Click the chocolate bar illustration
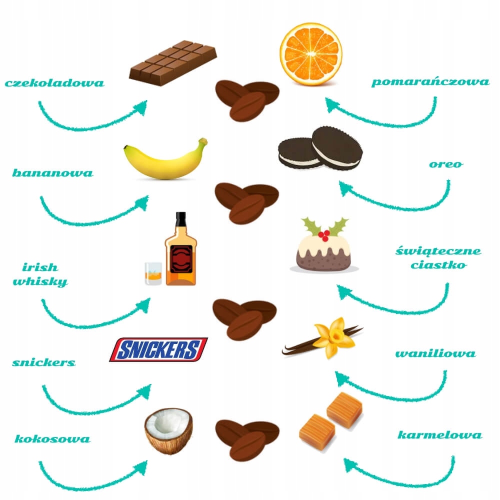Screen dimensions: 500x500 click(172, 62)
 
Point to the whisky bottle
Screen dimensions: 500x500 click(180, 252)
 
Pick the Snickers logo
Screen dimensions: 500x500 click(158, 349)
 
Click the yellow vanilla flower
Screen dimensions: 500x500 click(332, 337)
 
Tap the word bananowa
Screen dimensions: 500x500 click(52, 173)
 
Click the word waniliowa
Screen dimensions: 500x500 click(435, 354)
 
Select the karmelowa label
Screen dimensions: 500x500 click(439, 435)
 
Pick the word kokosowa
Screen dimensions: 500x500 click(52, 439)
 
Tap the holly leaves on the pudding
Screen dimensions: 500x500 click(325, 226)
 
